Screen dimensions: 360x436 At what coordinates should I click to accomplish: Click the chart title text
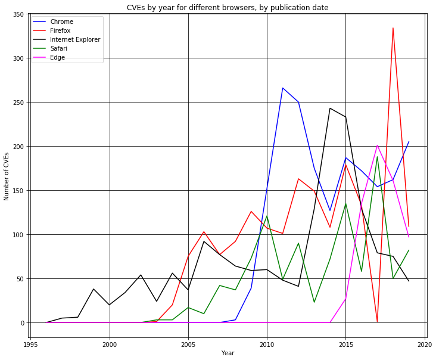click(x=227, y=7)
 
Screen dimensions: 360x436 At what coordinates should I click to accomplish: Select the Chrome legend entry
click(x=63, y=22)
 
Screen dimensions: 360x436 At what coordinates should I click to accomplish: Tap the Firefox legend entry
click(x=62, y=31)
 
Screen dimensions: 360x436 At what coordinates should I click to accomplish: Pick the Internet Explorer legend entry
click(x=75, y=40)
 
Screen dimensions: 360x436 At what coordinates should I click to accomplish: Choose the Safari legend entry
click(x=60, y=49)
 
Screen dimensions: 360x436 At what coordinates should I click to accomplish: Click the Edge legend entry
click(x=58, y=58)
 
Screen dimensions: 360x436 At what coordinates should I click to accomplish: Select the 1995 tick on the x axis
click(x=31, y=345)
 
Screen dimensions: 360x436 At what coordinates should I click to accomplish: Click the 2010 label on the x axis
click(x=267, y=345)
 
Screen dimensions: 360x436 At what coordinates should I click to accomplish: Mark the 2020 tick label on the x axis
click(x=425, y=345)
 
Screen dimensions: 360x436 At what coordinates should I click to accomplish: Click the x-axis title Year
click(x=227, y=353)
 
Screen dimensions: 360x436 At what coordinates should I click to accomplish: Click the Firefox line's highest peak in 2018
click(x=393, y=28)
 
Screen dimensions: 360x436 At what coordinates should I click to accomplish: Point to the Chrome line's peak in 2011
click(x=283, y=88)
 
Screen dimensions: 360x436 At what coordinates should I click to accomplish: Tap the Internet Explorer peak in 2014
click(x=330, y=108)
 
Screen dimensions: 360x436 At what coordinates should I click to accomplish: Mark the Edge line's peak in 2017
click(x=377, y=145)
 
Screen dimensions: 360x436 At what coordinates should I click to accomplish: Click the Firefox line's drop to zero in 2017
click(x=377, y=322)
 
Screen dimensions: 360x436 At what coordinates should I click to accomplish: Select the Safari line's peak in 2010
click(x=267, y=216)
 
